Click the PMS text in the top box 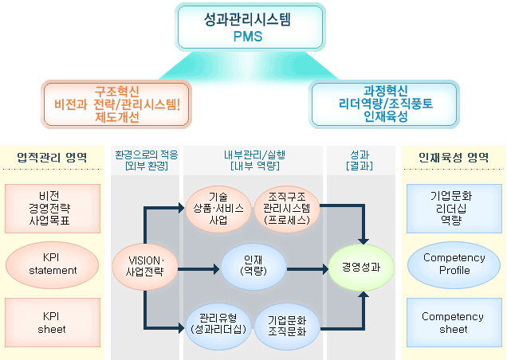coord(248,36)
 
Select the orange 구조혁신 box coord(116,104)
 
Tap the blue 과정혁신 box coord(384,104)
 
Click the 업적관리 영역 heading coord(52,158)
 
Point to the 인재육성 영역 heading coord(454,158)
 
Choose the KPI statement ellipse coord(53,265)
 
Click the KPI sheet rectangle coord(53,323)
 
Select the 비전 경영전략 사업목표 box coord(53,209)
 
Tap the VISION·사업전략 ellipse coord(145,266)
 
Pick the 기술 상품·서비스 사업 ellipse coord(218,209)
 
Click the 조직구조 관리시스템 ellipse coord(287,209)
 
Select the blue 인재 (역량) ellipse coord(253,266)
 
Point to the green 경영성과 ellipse coord(361,268)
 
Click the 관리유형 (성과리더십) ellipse coord(218,327)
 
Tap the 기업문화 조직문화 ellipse coord(287,327)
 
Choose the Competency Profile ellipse coord(454,265)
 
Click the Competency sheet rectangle coord(454,323)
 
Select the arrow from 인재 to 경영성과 coord(308,269)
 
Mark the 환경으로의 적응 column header coord(147,160)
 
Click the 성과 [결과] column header coord(360,160)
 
